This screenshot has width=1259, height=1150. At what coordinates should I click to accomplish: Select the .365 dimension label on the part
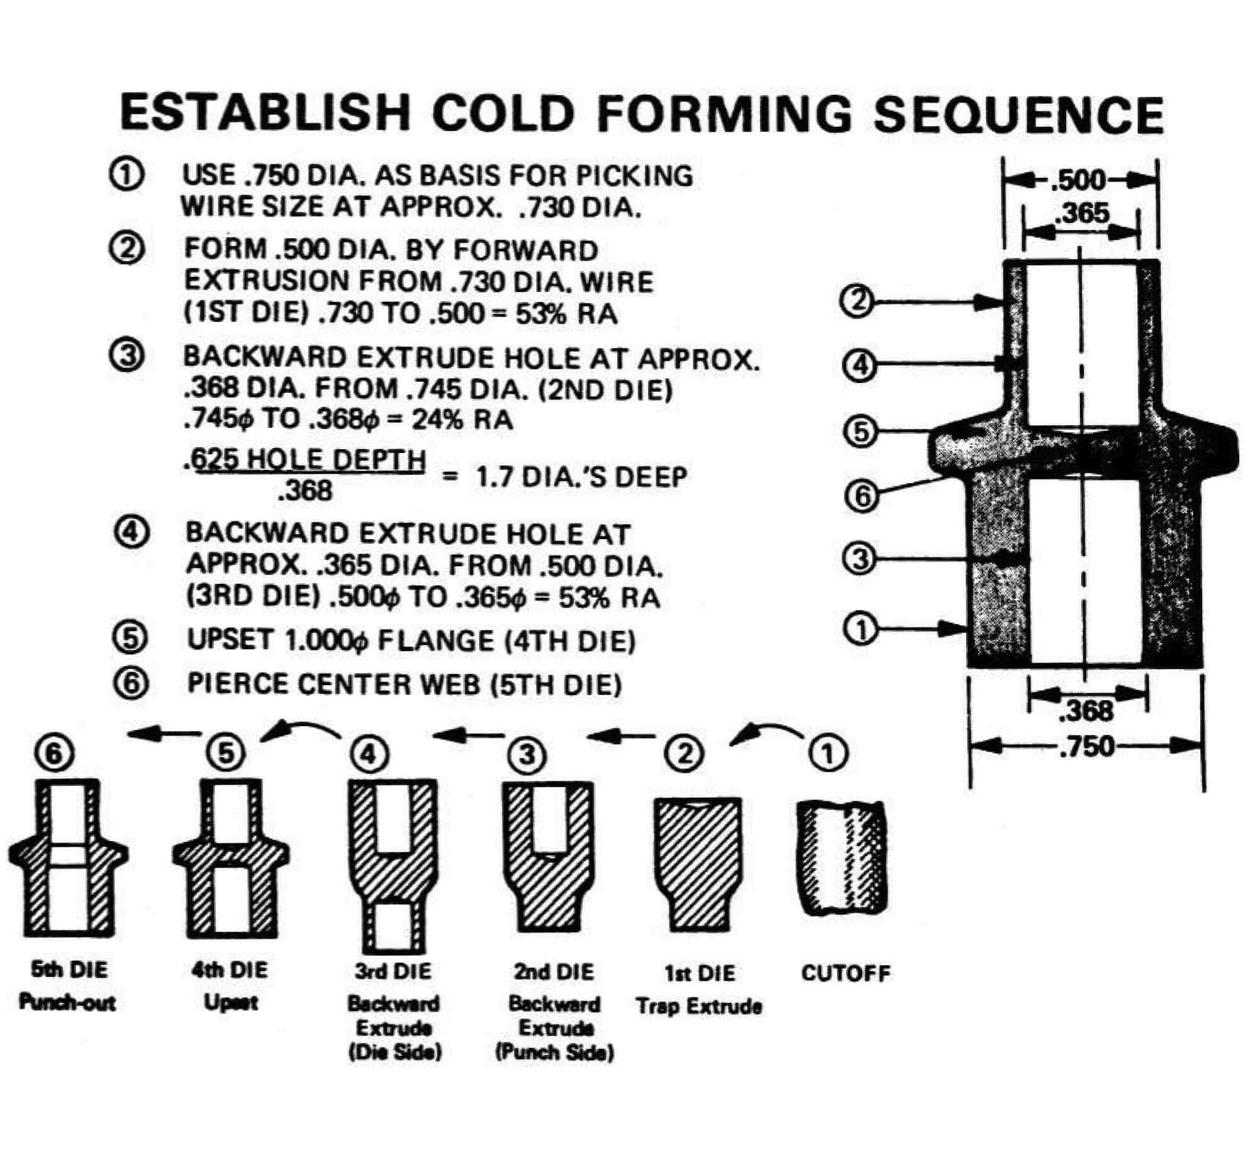[x=1082, y=214]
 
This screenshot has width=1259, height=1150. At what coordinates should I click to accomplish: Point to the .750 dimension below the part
[x=1087, y=747]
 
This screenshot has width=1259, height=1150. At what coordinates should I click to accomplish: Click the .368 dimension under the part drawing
[x=1087, y=711]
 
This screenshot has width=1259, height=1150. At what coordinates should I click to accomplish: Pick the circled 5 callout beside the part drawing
[x=861, y=432]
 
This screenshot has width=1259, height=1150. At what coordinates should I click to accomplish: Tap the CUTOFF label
[x=845, y=973]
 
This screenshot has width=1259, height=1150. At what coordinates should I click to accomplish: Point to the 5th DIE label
[x=69, y=969]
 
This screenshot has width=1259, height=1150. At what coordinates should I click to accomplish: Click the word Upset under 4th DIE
[x=230, y=1002]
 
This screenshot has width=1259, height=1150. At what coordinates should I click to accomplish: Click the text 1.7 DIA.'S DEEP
[x=580, y=476]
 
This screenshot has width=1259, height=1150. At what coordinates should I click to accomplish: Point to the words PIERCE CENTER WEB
[x=333, y=684]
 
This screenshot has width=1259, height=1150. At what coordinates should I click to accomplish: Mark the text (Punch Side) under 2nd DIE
[x=554, y=1052]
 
